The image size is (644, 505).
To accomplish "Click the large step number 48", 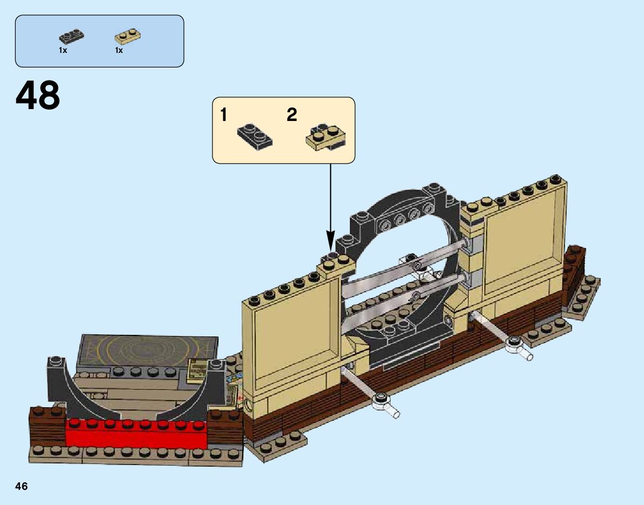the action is (38, 96).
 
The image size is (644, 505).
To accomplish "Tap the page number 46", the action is (21, 487).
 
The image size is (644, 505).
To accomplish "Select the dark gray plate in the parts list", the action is (71, 37).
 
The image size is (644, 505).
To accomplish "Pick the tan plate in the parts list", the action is (128, 37).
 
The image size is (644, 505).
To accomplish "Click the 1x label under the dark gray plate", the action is (63, 50).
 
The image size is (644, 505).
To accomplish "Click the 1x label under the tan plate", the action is (119, 50).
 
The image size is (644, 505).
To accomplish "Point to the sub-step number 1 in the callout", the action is (224, 115).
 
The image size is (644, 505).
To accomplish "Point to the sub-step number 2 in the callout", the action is (292, 115).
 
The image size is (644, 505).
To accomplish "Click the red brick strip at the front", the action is (135, 432).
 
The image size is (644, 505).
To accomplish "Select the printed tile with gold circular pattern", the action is (149, 348).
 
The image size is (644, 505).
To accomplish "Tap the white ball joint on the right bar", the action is (514, 344).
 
